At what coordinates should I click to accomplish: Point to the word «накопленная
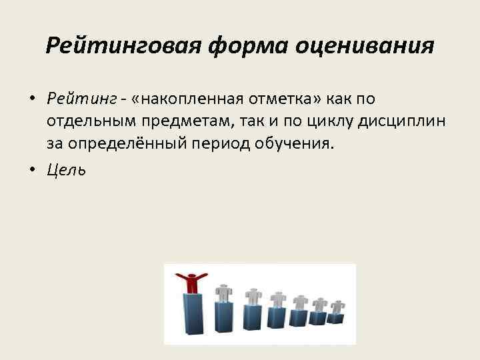[174, 99]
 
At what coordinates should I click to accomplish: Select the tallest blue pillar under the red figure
[193, 317]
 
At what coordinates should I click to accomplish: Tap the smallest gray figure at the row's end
[337, 305]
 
